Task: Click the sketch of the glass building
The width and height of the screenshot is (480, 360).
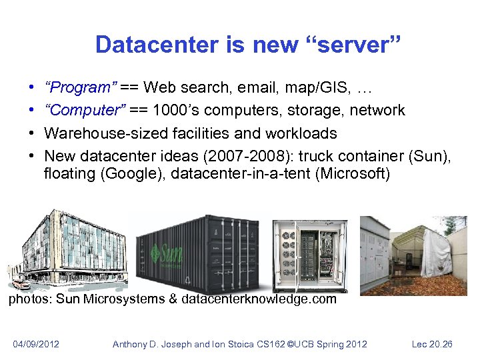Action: tap(67, 247)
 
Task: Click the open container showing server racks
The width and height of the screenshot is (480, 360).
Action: tap(310, 253)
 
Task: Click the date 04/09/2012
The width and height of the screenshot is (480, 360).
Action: tap(37, 344)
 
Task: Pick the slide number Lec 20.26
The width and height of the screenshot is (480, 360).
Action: tap(431, 344)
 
